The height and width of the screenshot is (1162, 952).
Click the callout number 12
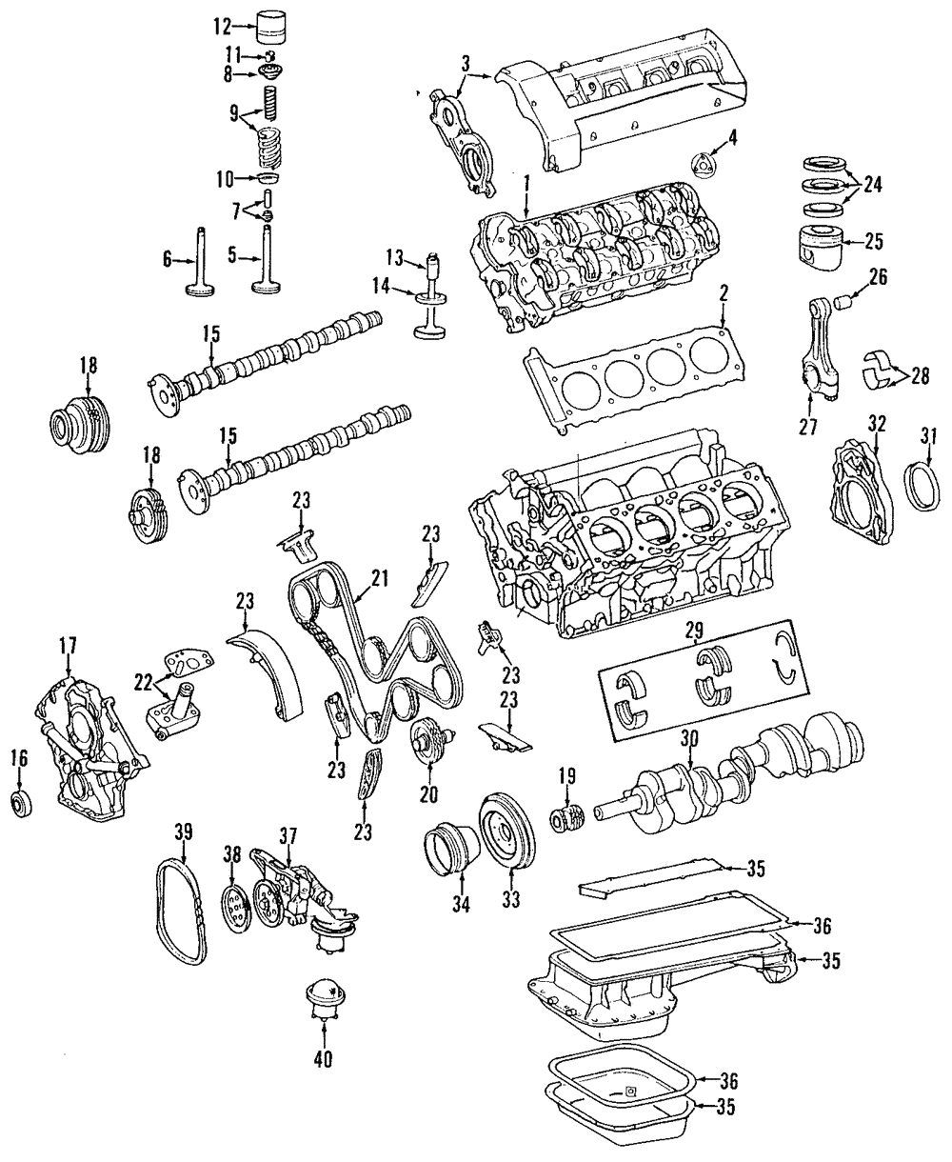tap(221, 26)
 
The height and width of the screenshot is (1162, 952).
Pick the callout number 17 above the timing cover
tap(68, 647)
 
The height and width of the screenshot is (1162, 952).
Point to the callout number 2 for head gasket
tap(724, 296)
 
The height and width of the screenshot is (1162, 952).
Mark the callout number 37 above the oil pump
tap(288, 835)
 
